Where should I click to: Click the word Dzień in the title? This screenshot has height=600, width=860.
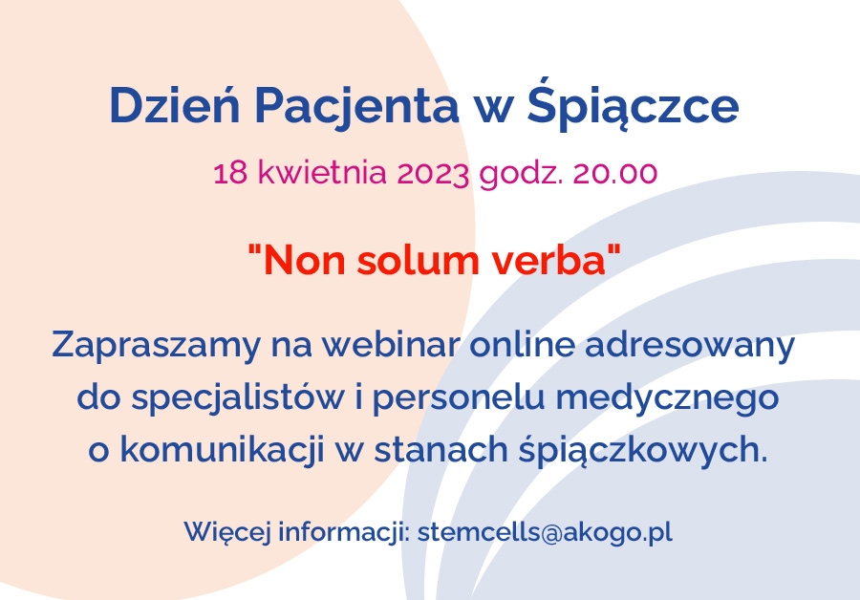point(175,104)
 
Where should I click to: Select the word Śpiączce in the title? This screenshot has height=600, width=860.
point(633,104)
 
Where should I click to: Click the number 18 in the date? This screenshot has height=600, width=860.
point(229,173)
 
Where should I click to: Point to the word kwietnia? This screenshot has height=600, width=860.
point(323,172)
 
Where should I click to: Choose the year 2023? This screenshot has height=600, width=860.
point(433,173)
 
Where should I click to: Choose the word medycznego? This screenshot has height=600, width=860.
point(667,398)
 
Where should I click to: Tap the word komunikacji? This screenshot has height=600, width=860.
point(222,451)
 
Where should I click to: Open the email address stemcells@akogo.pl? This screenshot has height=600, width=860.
point(545,532)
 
